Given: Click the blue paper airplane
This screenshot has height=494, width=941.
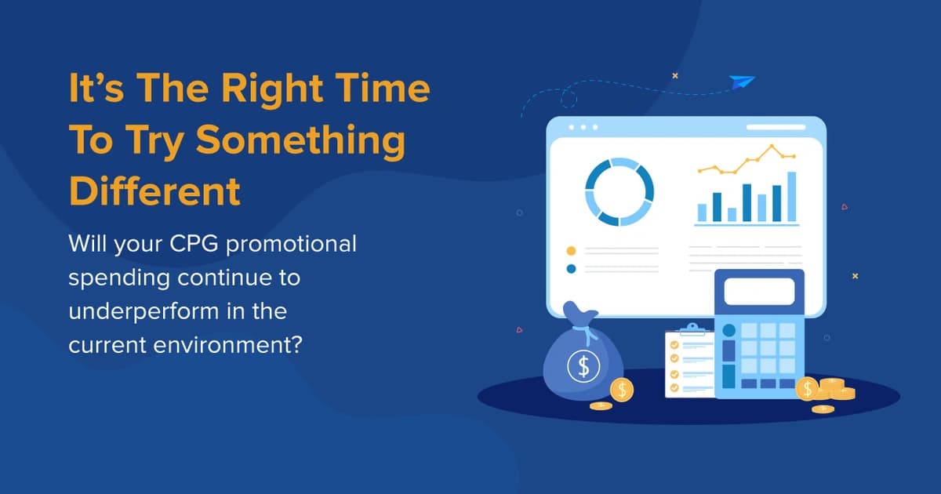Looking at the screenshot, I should (740, 82).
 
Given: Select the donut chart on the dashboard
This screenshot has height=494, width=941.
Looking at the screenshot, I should (619, 192).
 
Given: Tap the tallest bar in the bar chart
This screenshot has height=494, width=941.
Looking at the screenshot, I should (791, 197).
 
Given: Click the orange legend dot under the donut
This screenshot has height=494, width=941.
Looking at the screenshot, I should (571, 251).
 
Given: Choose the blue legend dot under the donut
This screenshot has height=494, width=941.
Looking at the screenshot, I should (571, 269).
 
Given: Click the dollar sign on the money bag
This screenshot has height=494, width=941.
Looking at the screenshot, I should (583, 365).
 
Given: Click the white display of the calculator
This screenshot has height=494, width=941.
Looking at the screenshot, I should (758, 291).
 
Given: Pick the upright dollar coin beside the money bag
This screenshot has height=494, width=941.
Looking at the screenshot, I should (622, 390).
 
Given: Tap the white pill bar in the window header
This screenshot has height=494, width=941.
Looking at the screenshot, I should (776, 127).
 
